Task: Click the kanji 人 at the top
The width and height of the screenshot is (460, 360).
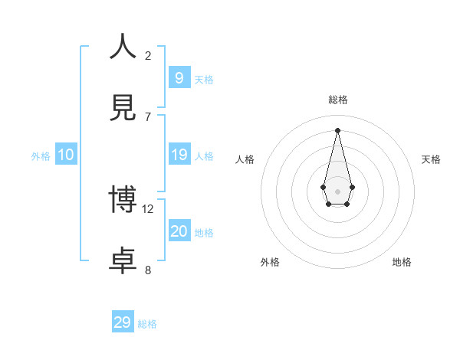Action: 123,47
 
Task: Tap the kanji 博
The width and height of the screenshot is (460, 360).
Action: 123,200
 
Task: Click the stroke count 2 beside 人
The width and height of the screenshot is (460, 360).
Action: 148,56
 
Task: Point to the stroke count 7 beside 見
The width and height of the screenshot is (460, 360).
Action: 148,116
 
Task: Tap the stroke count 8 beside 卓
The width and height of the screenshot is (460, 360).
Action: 148,270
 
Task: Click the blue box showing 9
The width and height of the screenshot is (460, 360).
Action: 179,77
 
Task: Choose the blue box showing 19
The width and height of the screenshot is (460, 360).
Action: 179,155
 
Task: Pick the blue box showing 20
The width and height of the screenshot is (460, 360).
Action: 179,231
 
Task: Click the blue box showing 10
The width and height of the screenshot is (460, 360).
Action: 66,155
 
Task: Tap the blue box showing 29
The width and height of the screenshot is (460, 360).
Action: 123,322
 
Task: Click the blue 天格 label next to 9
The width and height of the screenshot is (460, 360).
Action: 204,80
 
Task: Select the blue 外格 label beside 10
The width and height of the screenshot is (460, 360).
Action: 41,156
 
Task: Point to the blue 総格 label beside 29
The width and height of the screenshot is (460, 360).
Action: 147,324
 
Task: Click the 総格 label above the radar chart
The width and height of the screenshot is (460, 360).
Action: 338,100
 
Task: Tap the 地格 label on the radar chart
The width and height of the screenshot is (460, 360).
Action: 402,262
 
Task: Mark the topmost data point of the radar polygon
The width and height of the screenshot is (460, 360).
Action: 337,130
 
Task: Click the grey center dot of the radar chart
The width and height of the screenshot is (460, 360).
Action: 337,191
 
